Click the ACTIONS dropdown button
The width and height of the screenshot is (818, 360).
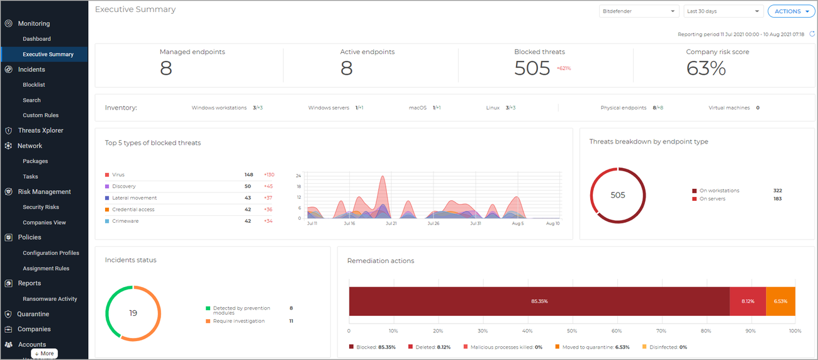click(x=791, y=11)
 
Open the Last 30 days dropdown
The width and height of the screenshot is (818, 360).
click(x=723, y=11)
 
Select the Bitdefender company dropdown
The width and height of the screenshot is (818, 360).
click(x=638, y=11)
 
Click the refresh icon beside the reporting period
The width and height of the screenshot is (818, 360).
click(x=812, y=34)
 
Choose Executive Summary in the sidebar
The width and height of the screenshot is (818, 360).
click(x=48, y=54)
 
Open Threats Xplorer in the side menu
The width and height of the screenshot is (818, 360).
click(x=40, y=130)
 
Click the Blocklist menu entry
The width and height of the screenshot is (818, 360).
click(x=34, y=84)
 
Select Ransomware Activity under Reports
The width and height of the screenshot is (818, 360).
click(x=50, y=299)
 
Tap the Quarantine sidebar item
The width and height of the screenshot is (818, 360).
click(x=33, y=314)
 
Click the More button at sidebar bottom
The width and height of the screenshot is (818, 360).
click(x=45, y=354)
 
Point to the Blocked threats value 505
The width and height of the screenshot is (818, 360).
click(x=532, y=68)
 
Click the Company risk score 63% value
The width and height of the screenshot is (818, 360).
click(x=706, y=68)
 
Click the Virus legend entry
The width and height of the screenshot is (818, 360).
click(x=118, y=175)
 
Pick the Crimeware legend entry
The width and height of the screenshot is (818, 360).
click(x=125, y=221)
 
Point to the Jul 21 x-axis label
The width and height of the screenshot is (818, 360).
click(x=391, y=223)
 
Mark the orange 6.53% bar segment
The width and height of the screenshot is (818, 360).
click(x=780, y=301)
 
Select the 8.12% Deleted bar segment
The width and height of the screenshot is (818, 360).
click(x=748, y=301)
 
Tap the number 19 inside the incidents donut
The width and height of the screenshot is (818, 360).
click(x=133, y=313)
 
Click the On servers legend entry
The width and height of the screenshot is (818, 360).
click(x=712, y=198)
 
